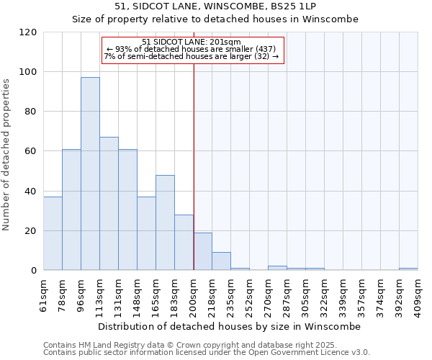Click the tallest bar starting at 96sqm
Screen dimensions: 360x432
[x=90, y=174]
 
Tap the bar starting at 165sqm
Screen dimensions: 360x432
[x=165, y=222]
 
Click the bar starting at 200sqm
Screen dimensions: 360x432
[x=202, y=251]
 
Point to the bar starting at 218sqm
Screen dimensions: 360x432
[x=221, y=261]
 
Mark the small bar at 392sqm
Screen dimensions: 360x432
[x=408, y=269]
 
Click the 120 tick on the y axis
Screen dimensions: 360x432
[x=29, y=32]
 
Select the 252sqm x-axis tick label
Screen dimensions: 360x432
[x=249, y=294]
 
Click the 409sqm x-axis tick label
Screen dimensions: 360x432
[x=418, y=294]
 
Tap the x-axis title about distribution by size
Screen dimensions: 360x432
[x=230, y=326]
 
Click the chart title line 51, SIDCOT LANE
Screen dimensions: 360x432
[x=215, y=6]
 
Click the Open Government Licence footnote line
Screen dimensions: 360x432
[x=207, y=352]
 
